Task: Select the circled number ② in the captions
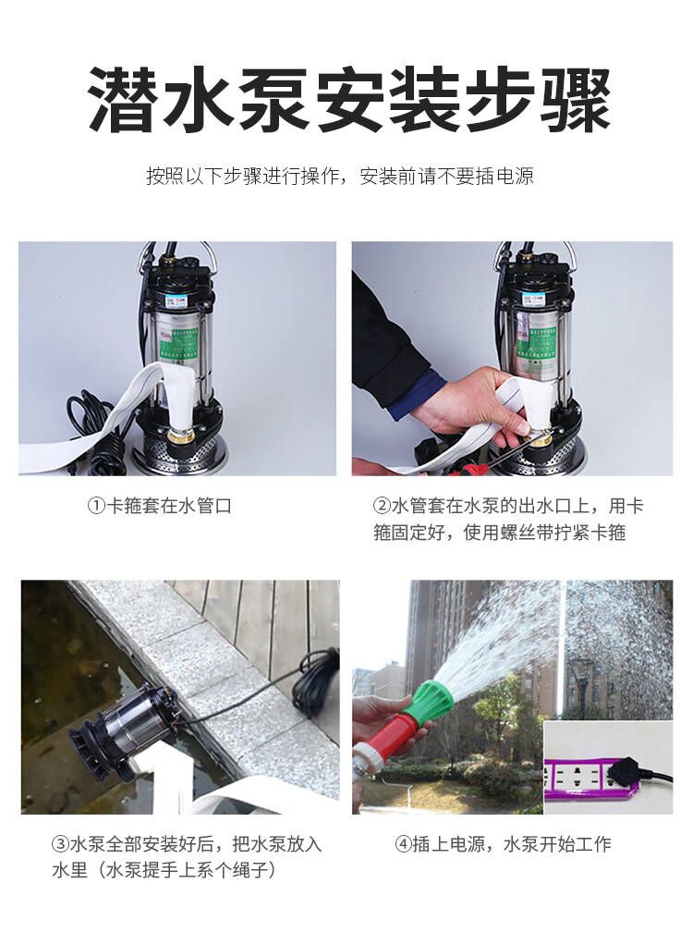382,506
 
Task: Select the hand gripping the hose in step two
468,402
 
